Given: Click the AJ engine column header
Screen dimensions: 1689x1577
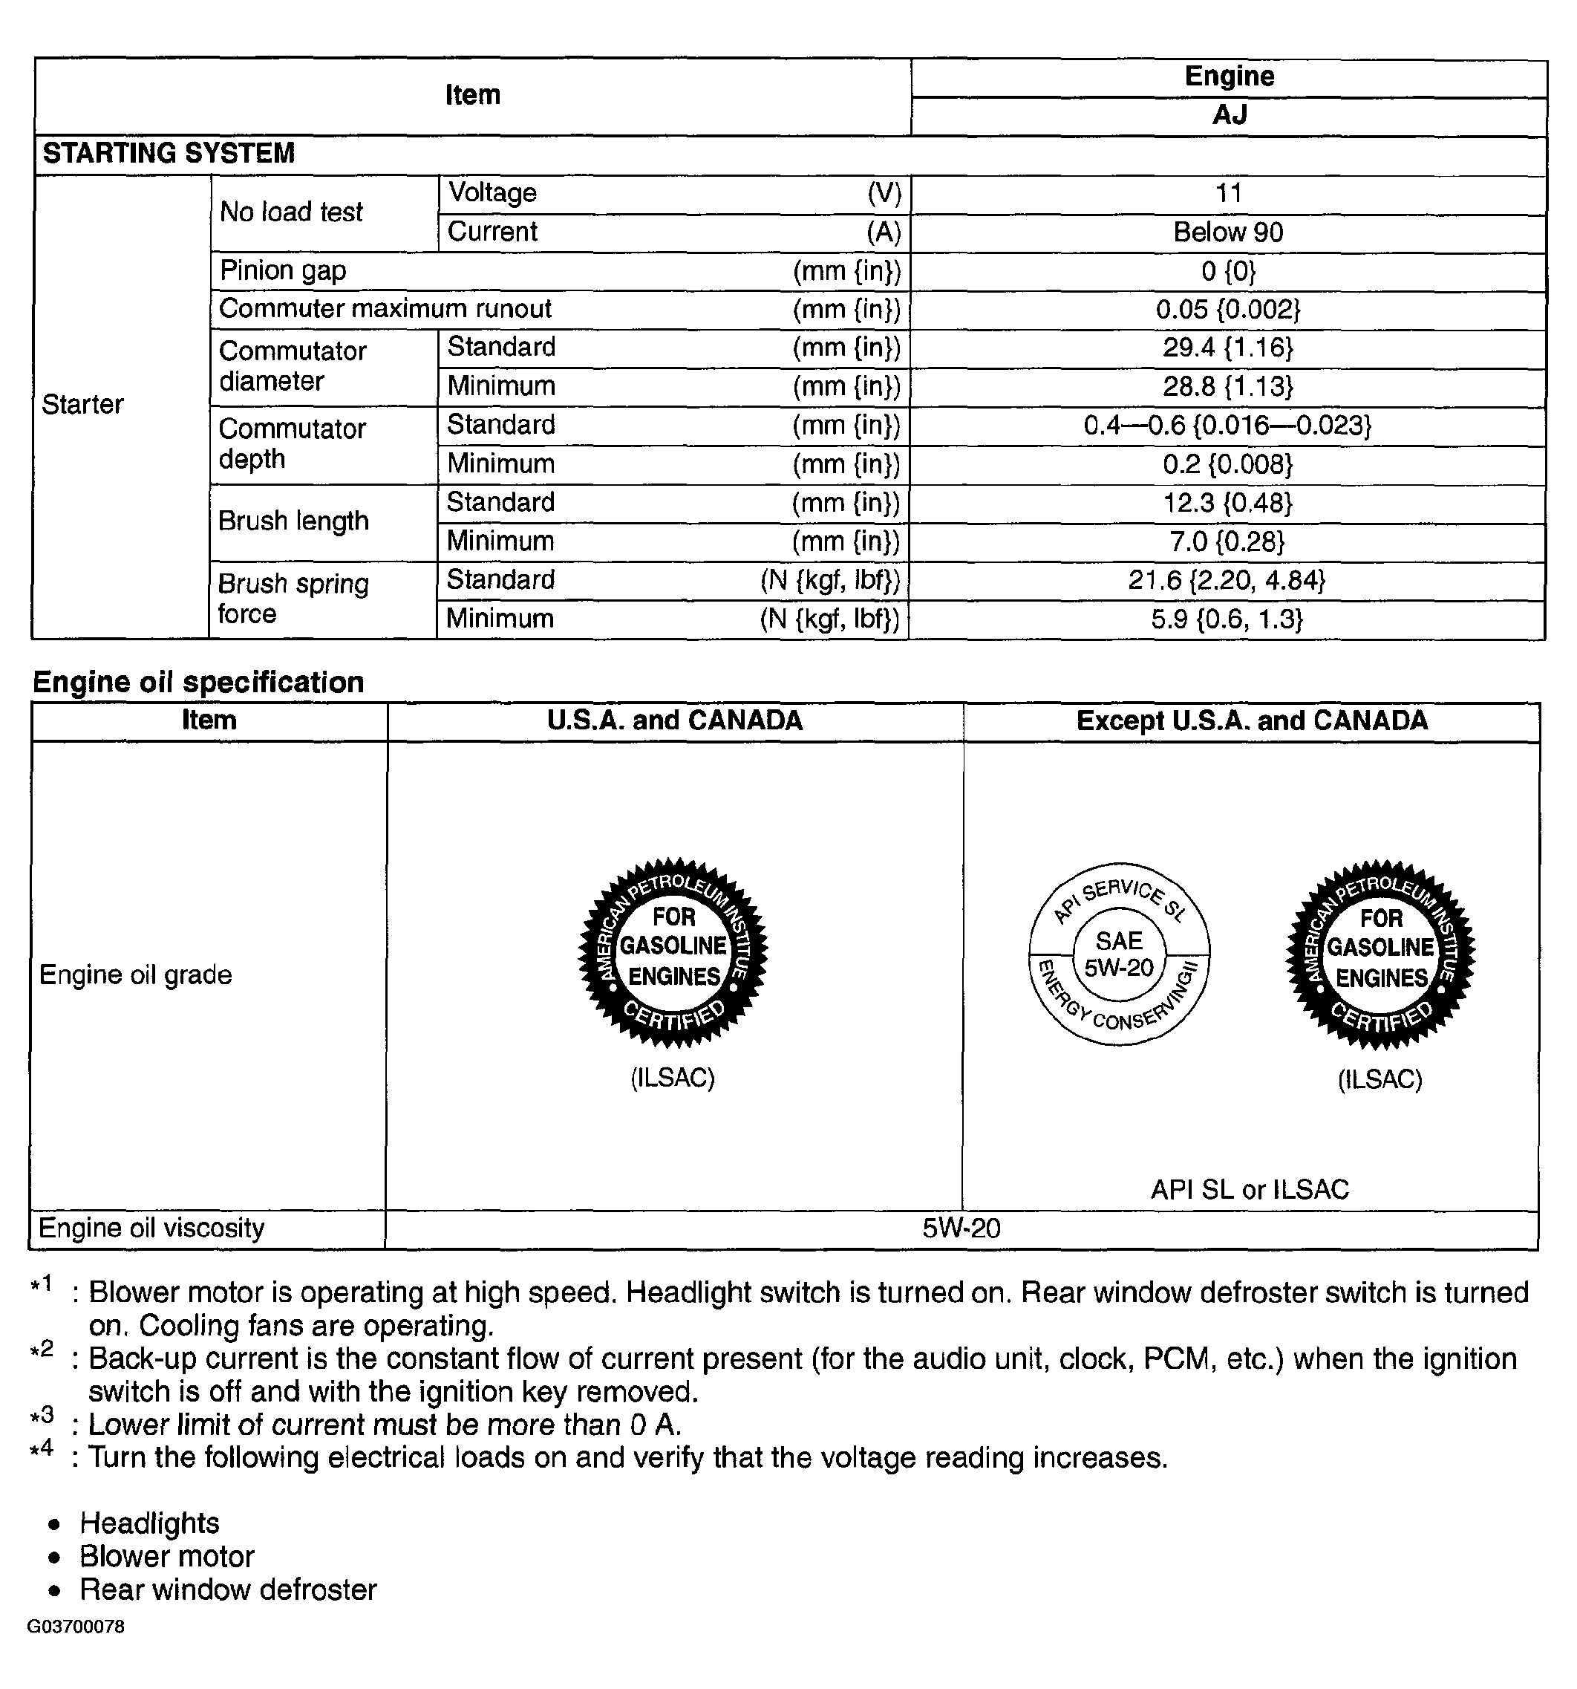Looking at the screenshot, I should (1229, 114).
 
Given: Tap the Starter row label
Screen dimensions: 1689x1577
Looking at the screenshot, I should (82, 404).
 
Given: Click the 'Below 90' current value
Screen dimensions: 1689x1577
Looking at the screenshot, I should (1228, 232).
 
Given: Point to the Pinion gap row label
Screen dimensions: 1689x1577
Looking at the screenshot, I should (283, 271).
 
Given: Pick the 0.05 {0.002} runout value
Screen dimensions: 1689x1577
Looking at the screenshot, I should (1228, 309).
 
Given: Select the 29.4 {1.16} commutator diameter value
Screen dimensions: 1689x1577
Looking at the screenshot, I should (1228, 348).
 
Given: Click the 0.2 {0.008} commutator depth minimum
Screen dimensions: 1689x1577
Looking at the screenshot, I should (1228, 464).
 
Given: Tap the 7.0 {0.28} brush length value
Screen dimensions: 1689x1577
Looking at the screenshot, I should (1228, 541).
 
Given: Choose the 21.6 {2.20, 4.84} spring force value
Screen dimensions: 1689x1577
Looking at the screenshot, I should (1227, 580).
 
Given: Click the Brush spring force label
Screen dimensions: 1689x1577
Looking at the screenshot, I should (293, 599).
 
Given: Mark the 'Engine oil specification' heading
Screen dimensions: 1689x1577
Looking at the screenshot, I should (198, 683).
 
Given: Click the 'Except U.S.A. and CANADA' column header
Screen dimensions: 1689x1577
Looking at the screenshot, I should (1252, 721).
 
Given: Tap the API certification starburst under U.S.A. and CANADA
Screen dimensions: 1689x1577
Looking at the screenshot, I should (673, 952).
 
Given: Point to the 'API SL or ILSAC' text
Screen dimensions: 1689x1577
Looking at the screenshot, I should (1250, 1189).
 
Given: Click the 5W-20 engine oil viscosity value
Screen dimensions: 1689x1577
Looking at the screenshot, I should (961, 1228).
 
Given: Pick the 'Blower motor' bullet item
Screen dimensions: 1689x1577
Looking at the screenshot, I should (167, 1557).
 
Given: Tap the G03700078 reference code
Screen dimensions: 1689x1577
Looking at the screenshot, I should (76, 1626).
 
